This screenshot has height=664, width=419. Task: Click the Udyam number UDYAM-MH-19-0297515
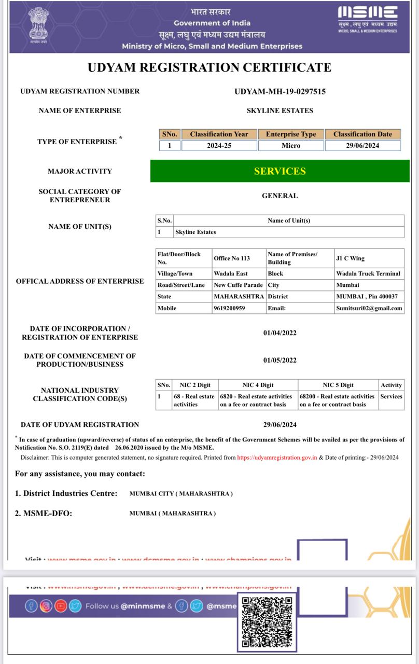[280, 91]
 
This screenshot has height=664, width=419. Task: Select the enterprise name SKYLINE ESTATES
[280, 110]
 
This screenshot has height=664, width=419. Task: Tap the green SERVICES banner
[280, 171]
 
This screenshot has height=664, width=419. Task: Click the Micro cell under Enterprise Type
[291, 146]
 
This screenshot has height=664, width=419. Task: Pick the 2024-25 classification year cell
[219, 146]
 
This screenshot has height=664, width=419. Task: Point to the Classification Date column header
[362, 134]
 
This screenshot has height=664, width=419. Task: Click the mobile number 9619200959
[229, 308]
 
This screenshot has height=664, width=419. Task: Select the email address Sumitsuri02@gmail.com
[369, 308]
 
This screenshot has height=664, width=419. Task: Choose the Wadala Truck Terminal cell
[368, 273]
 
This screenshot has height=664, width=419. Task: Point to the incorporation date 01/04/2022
[280, 333]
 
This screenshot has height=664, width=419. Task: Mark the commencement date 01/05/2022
[280, 360]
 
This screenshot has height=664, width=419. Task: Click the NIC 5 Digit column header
[338, 385]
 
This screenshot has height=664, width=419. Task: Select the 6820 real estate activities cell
[256, 400]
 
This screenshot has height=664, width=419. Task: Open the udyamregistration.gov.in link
[277, 458]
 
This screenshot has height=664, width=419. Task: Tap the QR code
[267, 622]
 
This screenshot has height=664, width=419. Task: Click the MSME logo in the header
[368, 20]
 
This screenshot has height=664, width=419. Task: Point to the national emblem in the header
[37, 24]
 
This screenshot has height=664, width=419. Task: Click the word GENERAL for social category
[280, 196]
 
